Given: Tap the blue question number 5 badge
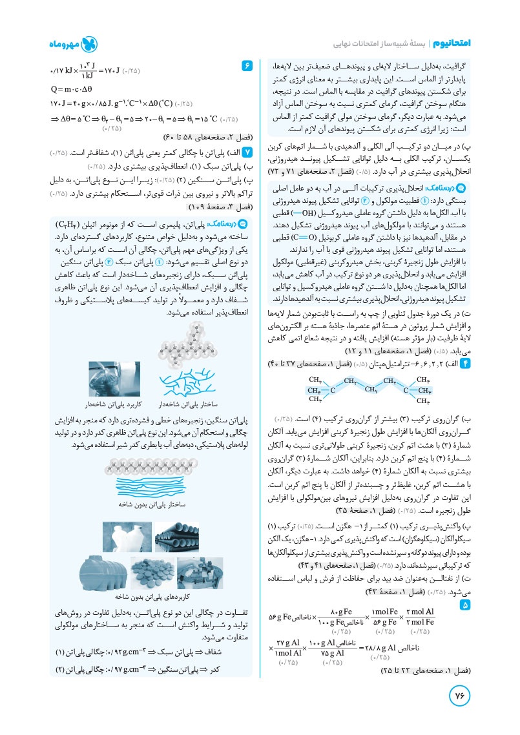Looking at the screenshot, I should [465, 606].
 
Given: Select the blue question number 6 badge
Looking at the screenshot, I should [245, 66].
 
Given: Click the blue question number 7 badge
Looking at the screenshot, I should [245, 152].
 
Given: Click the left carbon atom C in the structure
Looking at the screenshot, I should [331, 390].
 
